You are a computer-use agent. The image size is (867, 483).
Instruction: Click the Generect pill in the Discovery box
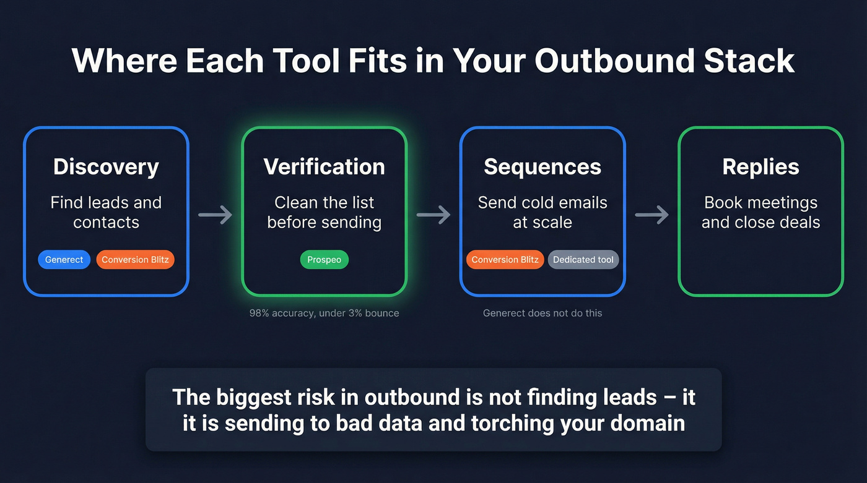coord(64,260)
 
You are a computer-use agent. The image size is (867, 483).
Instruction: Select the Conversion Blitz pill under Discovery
coord(135,260)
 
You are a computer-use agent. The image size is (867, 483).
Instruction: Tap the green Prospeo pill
coord(324,260)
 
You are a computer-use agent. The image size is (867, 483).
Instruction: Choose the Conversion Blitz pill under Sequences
coord(505,260)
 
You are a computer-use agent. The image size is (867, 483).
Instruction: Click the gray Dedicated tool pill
coord(583,260)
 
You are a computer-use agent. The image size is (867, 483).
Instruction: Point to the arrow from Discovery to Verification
coord(215,215)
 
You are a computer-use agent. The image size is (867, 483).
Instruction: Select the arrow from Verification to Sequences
coord(433,215)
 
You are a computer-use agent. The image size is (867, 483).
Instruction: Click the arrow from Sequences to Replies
coord(651,215)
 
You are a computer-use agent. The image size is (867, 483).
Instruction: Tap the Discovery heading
coord(106,167)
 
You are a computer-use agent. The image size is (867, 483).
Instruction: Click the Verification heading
coord(324,167)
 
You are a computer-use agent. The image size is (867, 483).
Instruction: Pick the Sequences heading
coord(542,167)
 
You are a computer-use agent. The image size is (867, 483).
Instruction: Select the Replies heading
coord(760,167)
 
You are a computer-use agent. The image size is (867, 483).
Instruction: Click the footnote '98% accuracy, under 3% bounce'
coord(324,313)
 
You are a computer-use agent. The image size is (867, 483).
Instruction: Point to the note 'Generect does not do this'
coord(542,313)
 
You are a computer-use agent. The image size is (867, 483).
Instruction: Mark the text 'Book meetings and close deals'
coord(760,212)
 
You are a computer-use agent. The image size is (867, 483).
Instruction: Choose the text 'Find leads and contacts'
coord(106,212)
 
